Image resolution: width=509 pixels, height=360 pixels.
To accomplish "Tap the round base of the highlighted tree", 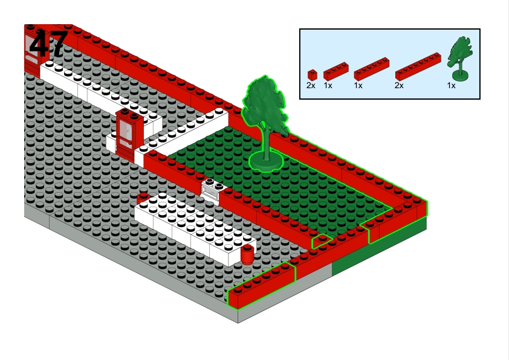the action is tap(266, 161).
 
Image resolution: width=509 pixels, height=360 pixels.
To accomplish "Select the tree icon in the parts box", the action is tap(459, 59).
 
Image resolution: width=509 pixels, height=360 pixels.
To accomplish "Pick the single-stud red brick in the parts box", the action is tap(313, 75).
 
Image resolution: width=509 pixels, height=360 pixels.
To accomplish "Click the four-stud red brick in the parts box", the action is tap(336, 72).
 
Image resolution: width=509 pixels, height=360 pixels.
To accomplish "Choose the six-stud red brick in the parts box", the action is tap(371, 69).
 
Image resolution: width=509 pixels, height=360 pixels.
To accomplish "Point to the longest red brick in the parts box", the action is tap(418, 67).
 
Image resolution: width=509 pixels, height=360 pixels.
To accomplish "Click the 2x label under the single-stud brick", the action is tap(311, 86).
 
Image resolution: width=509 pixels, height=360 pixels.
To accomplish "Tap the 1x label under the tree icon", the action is tap(451, 86).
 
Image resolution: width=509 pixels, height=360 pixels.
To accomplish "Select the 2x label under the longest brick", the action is tap(399, 86).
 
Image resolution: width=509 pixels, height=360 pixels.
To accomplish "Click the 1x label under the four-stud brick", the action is tap(328, 86).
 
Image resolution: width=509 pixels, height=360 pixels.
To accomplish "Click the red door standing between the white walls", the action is tap(130, 135).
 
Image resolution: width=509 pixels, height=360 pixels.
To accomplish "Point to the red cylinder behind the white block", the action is tap(143, 197).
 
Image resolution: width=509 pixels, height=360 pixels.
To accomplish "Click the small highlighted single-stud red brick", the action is tap(322, 241).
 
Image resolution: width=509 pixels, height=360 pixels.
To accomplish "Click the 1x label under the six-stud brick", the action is tap(358, 86).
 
